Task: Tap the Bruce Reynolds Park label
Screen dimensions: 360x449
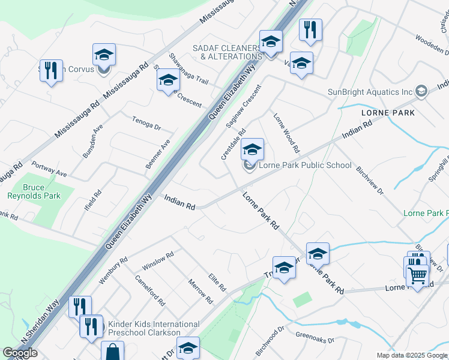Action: pyautogui.click(x=34, y=190)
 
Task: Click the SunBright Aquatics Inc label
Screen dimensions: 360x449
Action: pyautogui.click(x=370, y=92)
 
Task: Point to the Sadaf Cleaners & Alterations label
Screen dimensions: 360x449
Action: pyautogui.click(x=227, y=52)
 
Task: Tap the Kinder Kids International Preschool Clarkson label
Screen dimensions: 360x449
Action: pyautogui.click(x=144, y=328)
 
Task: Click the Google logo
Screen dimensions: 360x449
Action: pyautogui.click(x=20, y=353)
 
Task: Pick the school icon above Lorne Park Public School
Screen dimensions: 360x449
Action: pyautogui.click(x=252, y=149)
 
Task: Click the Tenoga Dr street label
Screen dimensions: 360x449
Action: pyautogui.click(x=146, y=124)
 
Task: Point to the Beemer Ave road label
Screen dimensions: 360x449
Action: pyautogui.click(x=158, y=154)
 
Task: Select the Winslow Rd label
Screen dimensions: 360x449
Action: pyautogui.click(x=158, y=261)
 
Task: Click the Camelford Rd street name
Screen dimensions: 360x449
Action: pyautogui.click(x=149, y=288)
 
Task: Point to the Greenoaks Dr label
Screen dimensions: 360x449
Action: pyautogui.click(x=315, y=337)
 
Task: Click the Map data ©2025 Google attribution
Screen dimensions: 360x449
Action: pyautogui.click(x=412, y=355)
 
